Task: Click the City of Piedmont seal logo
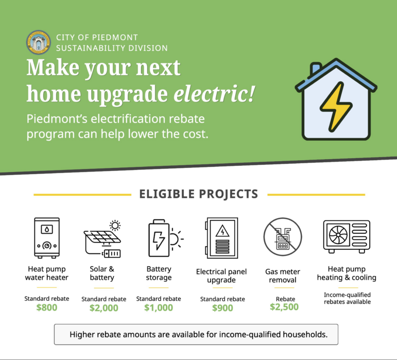point(39,42)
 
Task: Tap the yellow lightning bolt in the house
point(336,107)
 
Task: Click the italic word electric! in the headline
point(214,94)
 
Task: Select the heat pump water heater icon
point(47,238)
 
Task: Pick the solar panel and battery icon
point(102,239)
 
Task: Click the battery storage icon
point(166,238)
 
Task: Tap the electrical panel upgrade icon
point(221,238)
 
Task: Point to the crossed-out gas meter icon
point(283,237)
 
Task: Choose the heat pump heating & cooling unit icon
point(347,236)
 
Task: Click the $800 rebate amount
point(47,307)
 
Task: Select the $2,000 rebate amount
point(104,308)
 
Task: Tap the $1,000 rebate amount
point(159,307)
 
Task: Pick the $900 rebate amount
point(222,308)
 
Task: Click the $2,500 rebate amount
point(284,307)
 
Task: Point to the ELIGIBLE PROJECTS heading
point(199,194)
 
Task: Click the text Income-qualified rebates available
point(348,298)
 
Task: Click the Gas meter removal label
point(283,276)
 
